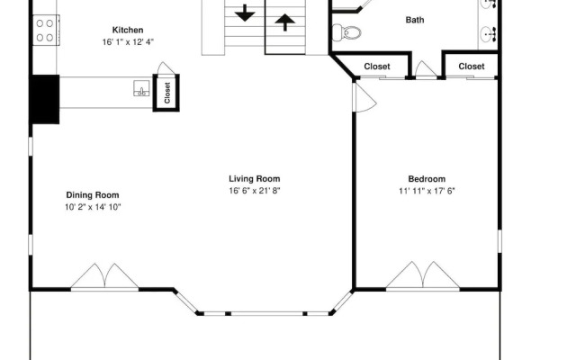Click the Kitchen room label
pos(128,30)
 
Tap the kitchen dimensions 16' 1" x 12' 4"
pos(128,42)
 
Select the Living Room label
pos(254,178)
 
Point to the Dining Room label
pos(93,194)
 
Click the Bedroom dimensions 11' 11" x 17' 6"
pos(427,191)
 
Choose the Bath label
pos(415,20)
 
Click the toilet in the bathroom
pos(346,32)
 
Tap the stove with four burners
pos(46,30)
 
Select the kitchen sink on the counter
pos(141,88)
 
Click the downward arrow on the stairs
pos(245,13)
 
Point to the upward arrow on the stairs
pos(284,22)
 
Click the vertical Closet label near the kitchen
pos(167,93)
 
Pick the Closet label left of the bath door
pos(377,67)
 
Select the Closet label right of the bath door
pos(472,66)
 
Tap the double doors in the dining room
pos(104,276)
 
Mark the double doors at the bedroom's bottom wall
pos(423,275)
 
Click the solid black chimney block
pos(44,99)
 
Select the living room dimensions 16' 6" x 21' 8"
pos(255,191)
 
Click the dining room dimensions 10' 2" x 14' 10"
pos(93,207)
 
